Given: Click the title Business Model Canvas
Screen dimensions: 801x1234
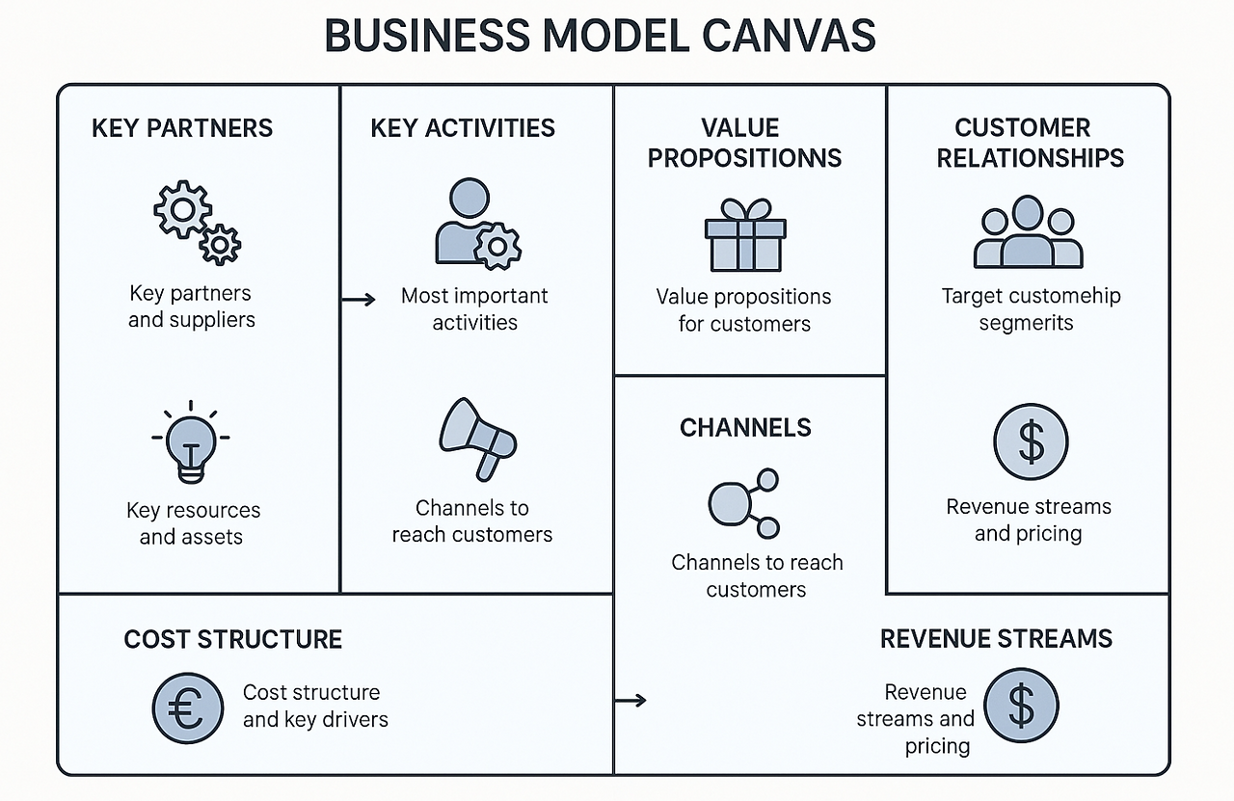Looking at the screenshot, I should [x=600, y=36].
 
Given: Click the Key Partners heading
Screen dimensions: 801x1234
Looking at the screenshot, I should [x=182, y=128].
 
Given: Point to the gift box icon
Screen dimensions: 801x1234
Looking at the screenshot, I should [x=745, y=235].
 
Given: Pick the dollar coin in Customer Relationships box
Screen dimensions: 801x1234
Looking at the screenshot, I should [x=1031, y=441].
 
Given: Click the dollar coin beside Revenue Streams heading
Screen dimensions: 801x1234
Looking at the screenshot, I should [x=1021, y=705].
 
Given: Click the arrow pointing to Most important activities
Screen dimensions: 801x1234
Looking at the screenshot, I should [x=359, y=300].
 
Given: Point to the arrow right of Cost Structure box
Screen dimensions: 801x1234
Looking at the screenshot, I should [x=630, y=701].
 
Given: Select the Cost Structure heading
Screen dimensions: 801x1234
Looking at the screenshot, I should [x=233, y=639].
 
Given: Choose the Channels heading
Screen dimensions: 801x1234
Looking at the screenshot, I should [x=745, y=428].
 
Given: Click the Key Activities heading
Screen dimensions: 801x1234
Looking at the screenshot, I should [x=463, y=128].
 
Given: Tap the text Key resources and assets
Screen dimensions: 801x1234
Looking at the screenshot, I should [x=193, y=523].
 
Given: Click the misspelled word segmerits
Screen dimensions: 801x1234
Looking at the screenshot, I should [x=1026, y=323].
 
